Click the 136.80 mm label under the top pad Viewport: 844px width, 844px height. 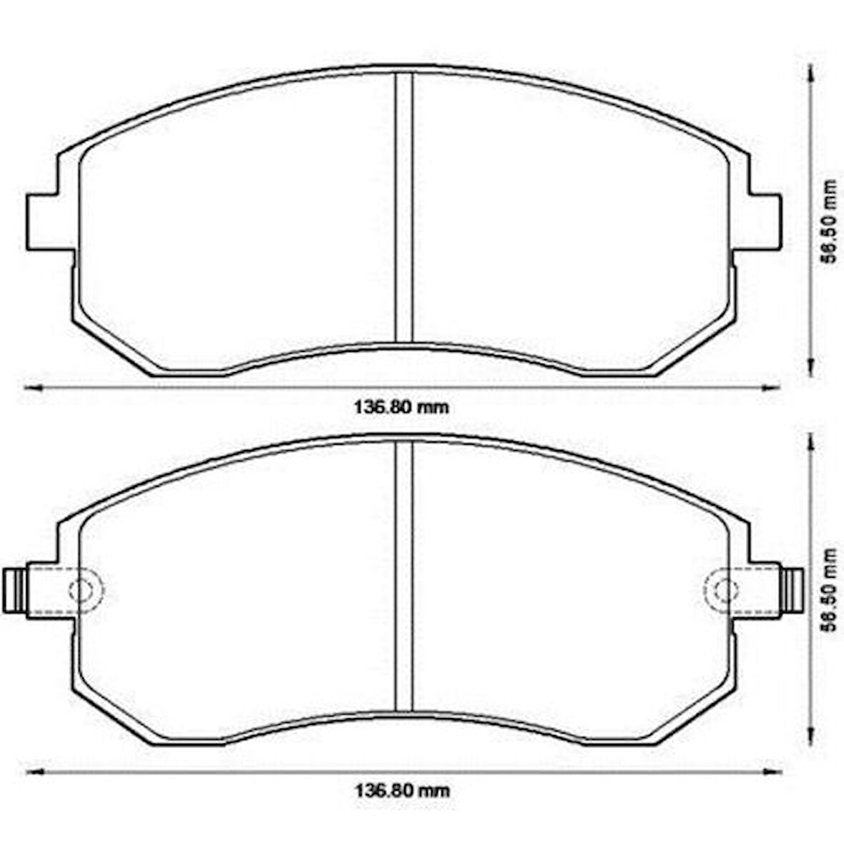coord(403,408)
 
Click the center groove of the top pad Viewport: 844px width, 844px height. coord(405,207)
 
